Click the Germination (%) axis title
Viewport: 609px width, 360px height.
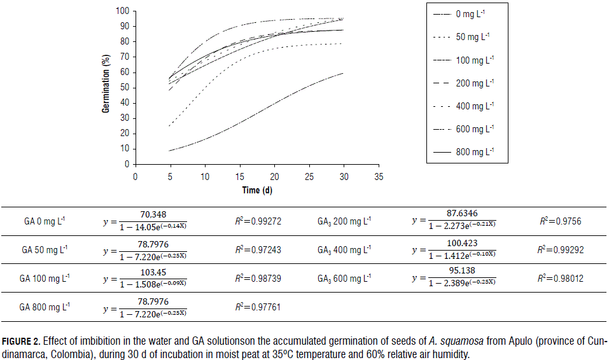(x=106, y=83)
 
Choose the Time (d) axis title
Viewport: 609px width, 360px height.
(x=256, y=190)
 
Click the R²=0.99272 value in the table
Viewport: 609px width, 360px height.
(x=258, y=222)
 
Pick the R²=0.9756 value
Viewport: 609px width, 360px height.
(x=560, y=222)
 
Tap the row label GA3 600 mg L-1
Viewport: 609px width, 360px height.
(x=343, y=278)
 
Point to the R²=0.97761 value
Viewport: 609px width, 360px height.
(x=258, y=307)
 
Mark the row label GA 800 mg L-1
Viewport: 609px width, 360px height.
(x=45, y=307)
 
